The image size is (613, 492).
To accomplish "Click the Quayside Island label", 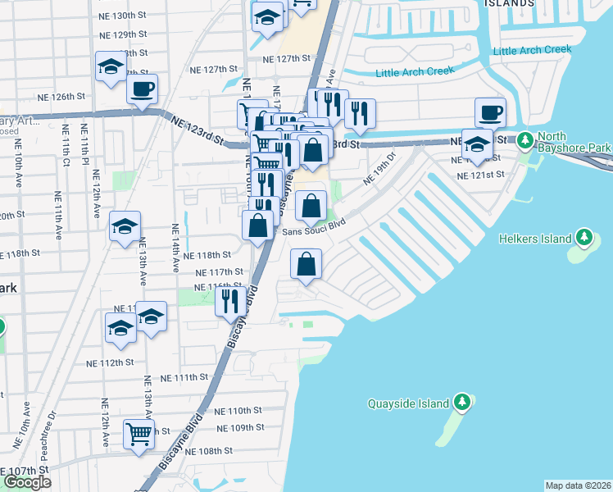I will (408, 403).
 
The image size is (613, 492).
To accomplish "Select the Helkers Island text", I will (534, 239).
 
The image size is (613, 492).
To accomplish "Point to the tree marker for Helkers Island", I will (583, 239).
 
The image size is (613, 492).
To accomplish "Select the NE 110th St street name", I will (238, 410).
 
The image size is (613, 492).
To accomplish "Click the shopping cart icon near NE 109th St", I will (139, 434).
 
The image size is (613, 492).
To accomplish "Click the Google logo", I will (27, 482).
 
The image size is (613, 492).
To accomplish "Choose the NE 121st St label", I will (481, 175).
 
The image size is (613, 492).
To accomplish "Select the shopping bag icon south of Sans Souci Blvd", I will (306, 264).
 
